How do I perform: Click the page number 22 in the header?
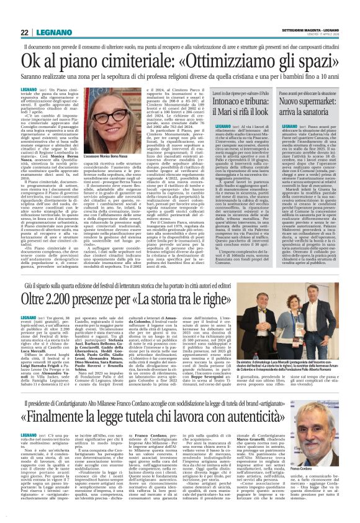[x=8, y=13]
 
